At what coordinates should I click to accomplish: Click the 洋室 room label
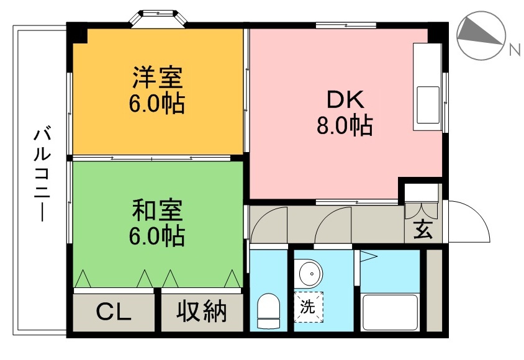pyautogui.click(x=156, y=79)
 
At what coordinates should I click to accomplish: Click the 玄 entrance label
pyautogui.click(x=423, y=230)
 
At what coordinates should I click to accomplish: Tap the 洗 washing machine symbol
pyautogui.click(x=309, y=306)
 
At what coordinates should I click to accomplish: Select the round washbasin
pyautogui.click(x=309, y=273)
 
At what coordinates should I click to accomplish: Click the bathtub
pyautogui.click(x=389, y=313)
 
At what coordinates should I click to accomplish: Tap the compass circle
pyautogui.click(x=481, y=37)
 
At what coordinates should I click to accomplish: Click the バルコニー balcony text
pyautogui.click(x=42, y=172)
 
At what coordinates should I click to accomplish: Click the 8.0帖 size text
pyautogui.click(x=344, y=127)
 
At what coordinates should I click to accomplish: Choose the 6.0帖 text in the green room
pyautogui.click(x=156, y=236)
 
